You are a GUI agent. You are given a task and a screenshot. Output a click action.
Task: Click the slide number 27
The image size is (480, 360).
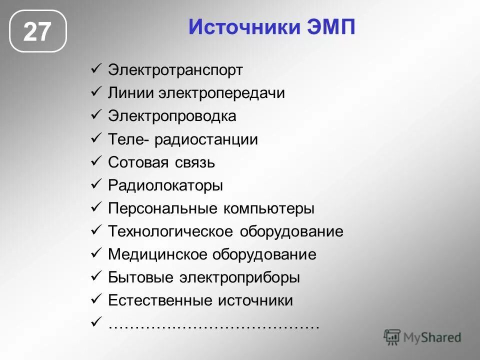(x=37, y=31)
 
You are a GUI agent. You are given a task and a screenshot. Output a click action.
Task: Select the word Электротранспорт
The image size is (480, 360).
(x=175, y=70)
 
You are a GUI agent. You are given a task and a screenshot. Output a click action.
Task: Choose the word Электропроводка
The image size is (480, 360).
(x=172, y=116)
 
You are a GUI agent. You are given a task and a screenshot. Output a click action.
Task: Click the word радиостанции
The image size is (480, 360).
(x=206, y=139)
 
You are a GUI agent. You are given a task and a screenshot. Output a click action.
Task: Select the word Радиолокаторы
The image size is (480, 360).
(x=165, y=185)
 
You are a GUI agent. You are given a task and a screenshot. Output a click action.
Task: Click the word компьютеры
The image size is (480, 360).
(x=268, y=208)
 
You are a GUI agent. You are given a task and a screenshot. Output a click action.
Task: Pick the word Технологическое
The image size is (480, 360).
(x=170, y=231)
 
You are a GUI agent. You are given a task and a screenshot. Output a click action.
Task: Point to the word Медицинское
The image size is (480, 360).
(x=158, y=254)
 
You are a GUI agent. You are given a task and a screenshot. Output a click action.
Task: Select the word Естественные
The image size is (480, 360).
(x=160, y=300)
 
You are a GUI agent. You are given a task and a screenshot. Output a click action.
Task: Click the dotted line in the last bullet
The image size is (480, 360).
(x=213, y=325)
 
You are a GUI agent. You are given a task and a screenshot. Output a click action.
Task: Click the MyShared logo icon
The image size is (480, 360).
(x=392, y=337)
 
